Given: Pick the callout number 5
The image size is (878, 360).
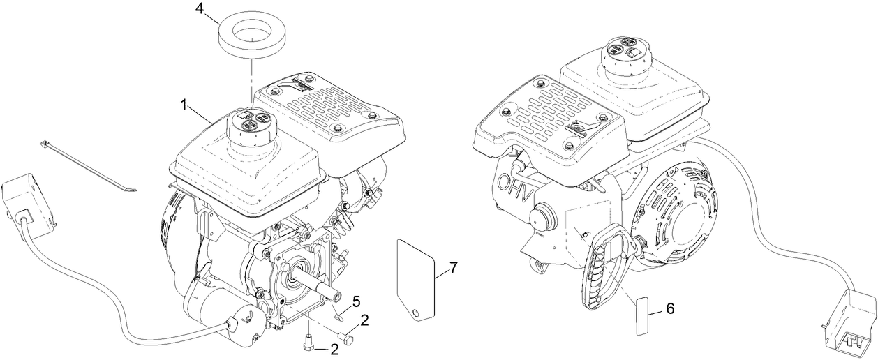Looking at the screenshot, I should [x=356, y=301].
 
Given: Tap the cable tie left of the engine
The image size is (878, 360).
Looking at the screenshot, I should [x=88, y=165].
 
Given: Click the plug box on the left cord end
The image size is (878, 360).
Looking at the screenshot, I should [x=29, y=202].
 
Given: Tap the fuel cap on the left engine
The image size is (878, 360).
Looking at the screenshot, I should [x=251, y=128].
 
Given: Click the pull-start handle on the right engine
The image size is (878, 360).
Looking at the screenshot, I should [x=601, y=272].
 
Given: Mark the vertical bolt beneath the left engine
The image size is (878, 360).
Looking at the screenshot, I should [x=308, y=343].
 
